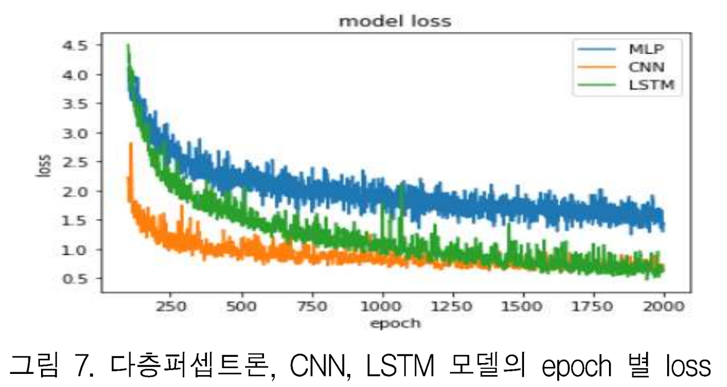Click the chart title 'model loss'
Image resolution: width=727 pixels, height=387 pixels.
tap(395, 22)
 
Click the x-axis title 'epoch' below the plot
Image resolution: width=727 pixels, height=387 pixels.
tap(395, 324)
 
